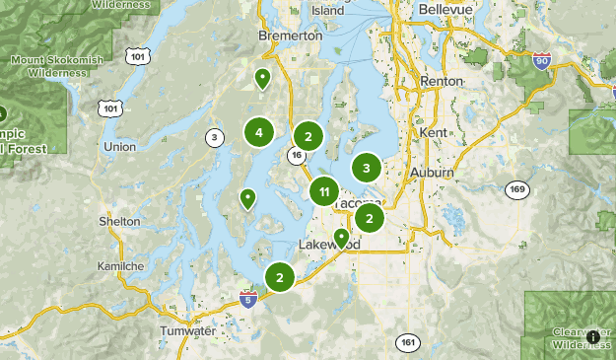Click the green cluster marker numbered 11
(x=324, y=191)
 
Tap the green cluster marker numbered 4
(x=258, y=132)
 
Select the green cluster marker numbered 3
(x=367, y=169)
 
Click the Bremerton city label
(x=290, y=36)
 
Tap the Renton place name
(x=440, y=81)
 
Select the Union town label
(x=119, y=147)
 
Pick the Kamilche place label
(x=121, y=267)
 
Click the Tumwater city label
(x=187, y=331)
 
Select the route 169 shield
(x=516, y=188)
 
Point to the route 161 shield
(x=408, y=342)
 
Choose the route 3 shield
(x=213, y=137)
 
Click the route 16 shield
(x=296, y=155)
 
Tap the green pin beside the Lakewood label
(x=341, y=238)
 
